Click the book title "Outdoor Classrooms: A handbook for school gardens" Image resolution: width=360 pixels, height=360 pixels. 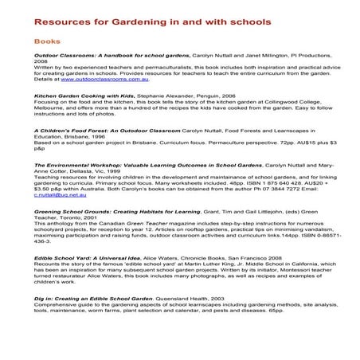pos(112,57)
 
